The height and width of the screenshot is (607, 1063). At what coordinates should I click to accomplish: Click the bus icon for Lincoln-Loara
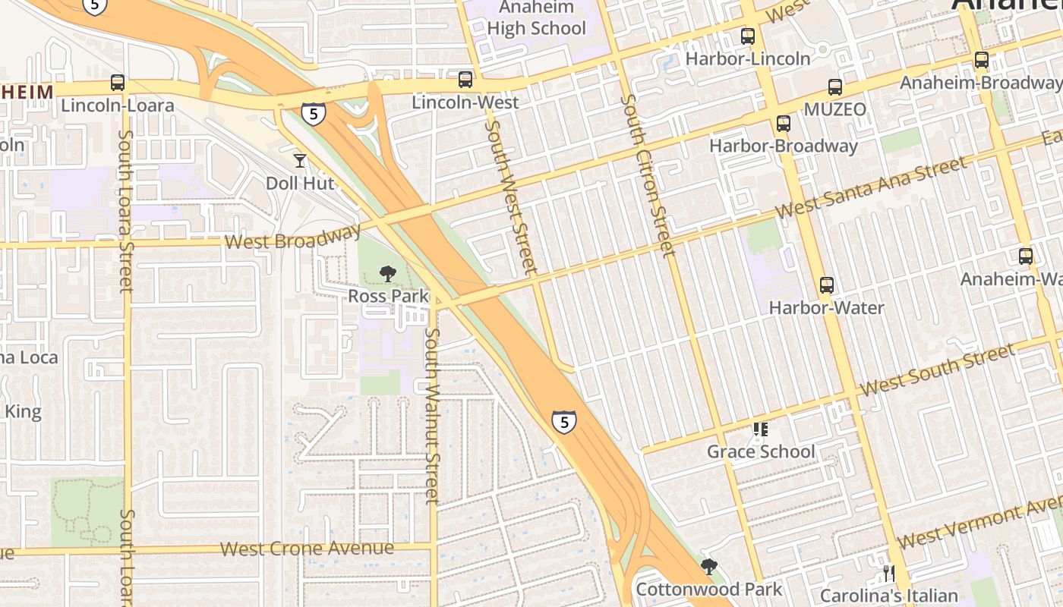point(118,83)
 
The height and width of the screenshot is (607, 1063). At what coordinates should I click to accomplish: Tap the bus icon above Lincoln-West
point(465,79)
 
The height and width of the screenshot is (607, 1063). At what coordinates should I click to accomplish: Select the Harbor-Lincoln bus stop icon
point(748,36)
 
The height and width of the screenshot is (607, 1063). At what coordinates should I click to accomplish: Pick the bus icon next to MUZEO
point(835,87)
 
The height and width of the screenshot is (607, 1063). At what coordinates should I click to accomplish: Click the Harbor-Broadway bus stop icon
point(784,123)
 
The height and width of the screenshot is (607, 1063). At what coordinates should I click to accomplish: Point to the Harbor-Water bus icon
point(827,285)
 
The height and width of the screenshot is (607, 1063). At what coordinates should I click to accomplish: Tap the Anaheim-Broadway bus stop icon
point(982,60)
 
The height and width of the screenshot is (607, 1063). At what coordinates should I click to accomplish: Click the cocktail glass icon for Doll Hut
point(300,160)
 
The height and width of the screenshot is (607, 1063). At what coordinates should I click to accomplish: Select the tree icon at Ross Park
point(388,273)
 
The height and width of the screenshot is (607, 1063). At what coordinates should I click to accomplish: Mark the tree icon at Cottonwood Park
point(709,566)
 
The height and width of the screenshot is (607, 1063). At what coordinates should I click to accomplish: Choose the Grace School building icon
point(760,429)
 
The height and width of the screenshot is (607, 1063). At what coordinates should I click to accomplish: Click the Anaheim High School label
point(537,18)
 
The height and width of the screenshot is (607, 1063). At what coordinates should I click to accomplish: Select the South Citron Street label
point(647,175)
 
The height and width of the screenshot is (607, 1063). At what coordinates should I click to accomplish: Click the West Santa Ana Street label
point(871,187)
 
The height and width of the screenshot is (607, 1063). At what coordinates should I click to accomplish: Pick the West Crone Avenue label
point(307,548)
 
